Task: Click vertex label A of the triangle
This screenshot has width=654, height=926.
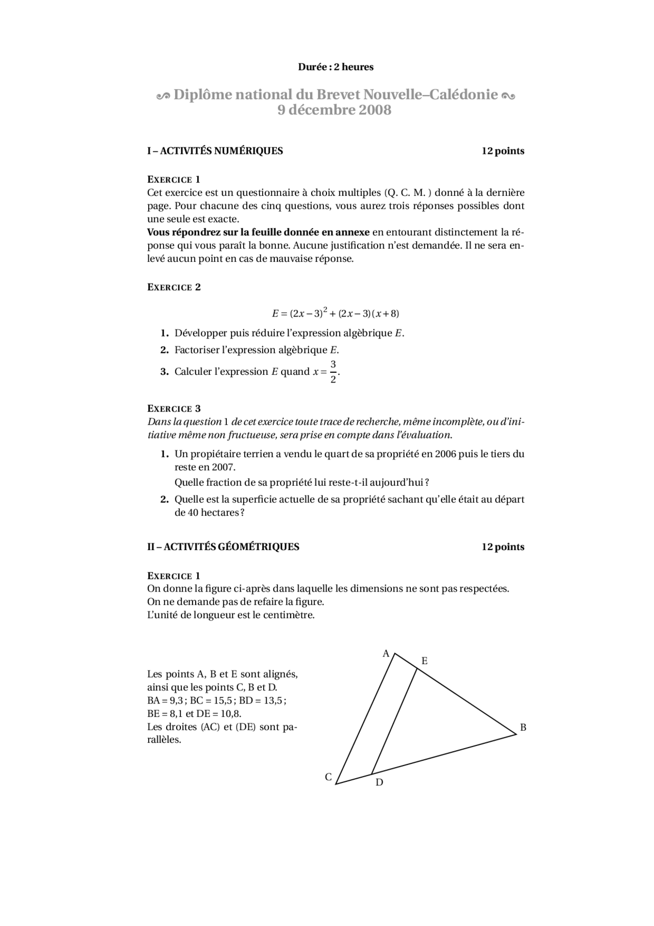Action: click(386, 653)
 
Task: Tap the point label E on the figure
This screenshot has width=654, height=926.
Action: click(424, 661)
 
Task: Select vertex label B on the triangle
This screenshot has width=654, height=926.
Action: click(523, 728)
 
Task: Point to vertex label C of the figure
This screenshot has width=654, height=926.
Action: click(329, 777)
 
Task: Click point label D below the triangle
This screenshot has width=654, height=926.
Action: click(379, 782)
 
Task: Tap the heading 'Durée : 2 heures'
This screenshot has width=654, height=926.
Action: click(336, 67)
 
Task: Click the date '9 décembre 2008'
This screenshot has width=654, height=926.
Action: click(335, 110)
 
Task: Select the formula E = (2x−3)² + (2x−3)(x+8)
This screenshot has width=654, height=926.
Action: click(335, 313)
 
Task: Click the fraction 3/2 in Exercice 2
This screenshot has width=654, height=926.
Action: click(333, 372)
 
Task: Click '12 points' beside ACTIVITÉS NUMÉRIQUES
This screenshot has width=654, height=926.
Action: click(503, 151)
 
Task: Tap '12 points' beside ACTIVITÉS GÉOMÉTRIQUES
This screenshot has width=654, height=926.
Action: click(503, 547)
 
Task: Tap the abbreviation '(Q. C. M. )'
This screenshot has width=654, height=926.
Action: click(408, 193)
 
